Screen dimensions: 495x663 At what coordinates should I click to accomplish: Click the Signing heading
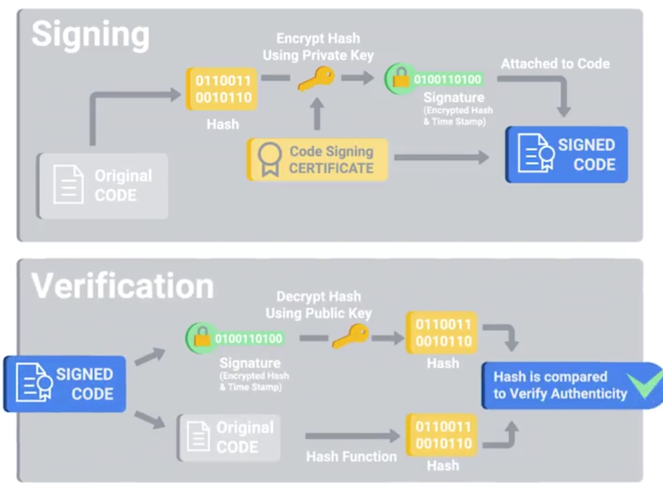90,34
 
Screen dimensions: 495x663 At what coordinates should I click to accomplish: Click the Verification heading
122,286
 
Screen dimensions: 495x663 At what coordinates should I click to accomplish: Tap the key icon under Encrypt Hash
316,78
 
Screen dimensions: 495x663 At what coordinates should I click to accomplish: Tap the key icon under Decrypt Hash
350,338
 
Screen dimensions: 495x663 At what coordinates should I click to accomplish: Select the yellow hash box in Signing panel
223,89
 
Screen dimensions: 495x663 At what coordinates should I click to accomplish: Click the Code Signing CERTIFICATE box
317,159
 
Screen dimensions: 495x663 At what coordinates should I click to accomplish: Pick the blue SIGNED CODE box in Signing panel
566,155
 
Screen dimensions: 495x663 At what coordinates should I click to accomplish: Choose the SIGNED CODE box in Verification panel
65,384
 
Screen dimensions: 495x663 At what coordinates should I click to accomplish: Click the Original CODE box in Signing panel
103,186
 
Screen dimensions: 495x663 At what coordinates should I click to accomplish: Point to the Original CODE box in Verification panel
228,437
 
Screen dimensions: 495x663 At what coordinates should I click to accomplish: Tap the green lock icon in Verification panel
200,338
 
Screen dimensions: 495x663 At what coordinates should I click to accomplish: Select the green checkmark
643,384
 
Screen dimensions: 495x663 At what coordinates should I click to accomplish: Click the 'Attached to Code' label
555,64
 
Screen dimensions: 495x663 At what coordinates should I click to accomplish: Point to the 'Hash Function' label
351,456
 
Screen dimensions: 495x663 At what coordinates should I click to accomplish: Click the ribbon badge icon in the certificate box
269,160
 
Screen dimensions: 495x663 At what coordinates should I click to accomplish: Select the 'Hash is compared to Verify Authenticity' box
560,385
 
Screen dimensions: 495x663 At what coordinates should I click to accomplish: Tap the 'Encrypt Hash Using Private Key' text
318,47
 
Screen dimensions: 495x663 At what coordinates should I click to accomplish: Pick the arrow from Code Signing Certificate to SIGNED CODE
441,158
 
